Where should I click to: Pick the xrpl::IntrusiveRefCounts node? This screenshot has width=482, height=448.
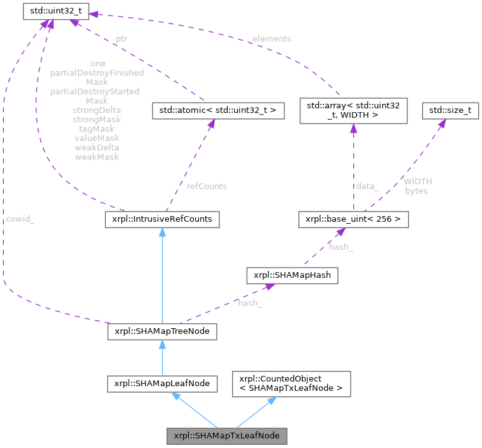162,220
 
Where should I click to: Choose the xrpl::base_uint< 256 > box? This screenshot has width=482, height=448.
353,220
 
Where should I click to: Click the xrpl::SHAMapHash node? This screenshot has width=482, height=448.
293,276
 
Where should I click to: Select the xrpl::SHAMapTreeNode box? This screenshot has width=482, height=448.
163,332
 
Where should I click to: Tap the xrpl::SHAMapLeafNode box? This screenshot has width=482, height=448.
163,384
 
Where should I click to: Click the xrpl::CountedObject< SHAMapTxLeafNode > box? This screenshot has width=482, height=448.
291,384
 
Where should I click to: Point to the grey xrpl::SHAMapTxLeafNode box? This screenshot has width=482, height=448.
226,437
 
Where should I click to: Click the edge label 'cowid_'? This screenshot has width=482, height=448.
20,219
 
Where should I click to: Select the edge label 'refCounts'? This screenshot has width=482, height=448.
206,186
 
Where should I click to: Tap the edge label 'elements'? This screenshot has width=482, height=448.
271,39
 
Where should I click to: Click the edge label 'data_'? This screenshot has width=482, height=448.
368,186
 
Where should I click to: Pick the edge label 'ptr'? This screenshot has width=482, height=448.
121,39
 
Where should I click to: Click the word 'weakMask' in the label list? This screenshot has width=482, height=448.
97,156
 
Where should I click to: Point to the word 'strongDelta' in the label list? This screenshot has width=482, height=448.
97,110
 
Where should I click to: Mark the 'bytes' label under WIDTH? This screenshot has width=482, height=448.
416,191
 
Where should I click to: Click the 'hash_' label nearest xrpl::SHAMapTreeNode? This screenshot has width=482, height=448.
249,303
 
